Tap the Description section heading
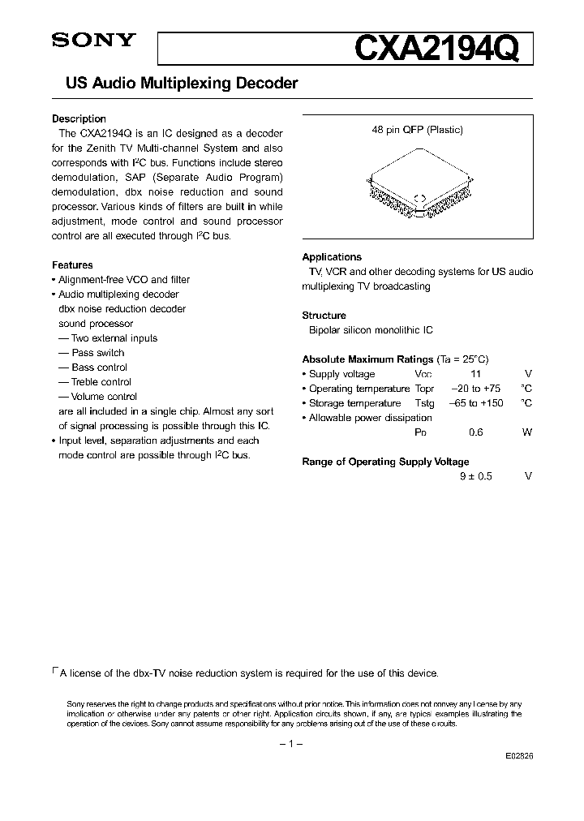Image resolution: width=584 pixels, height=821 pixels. point(79,119)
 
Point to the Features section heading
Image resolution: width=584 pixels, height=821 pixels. point(72,265)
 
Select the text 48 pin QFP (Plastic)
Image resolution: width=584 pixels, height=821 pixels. point(418,130)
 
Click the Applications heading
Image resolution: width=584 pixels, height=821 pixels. point(332,257)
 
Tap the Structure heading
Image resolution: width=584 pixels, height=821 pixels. point(324,316)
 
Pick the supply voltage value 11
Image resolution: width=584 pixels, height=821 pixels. point(476,374)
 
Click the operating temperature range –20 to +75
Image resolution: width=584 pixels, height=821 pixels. point(476,389)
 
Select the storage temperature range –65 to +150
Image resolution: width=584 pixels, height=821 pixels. point(476,403)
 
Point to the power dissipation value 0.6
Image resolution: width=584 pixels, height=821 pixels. point(476,432)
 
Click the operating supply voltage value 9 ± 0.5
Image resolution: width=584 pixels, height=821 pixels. point(476,476)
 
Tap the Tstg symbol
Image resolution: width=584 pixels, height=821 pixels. point(424,403)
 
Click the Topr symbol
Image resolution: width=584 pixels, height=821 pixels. point(424,389)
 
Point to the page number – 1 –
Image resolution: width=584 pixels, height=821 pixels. point(290,744)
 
